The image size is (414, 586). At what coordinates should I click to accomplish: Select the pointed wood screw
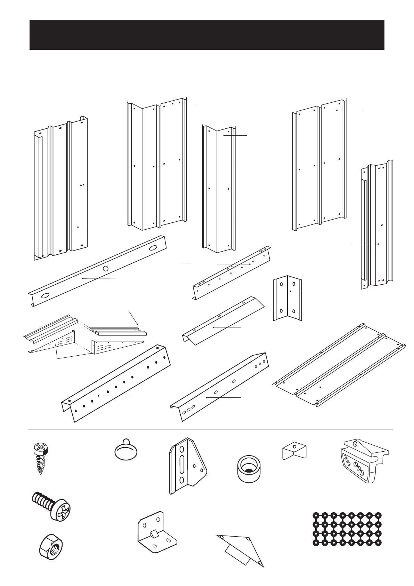tap(39, 459)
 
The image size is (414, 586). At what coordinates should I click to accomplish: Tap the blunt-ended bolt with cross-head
tap(52, 506)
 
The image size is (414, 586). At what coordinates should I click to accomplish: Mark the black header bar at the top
tap(207, 35)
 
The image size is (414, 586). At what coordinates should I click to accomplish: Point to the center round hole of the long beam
tap(106, 268)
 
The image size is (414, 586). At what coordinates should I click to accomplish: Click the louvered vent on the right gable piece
tap(104, 347)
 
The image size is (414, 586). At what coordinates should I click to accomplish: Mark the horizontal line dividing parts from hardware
tap(210, 429)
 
